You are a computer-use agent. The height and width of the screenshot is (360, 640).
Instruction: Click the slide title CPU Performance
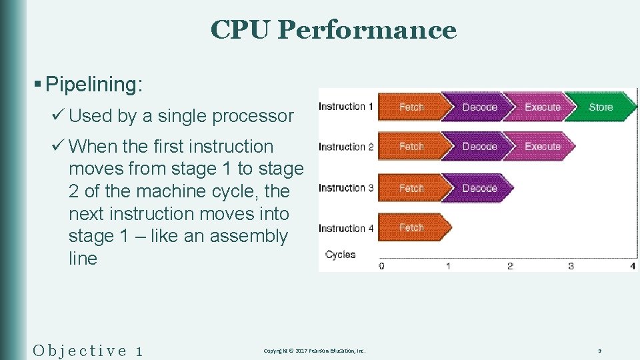pos(333,30)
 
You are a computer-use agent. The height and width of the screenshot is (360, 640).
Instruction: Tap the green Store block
pos(601,107)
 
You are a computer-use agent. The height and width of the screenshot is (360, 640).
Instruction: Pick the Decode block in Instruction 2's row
pos(479,147)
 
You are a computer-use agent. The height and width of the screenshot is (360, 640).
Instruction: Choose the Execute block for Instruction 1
pos(543,107)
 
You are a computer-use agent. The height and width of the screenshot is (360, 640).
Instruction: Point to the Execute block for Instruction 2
pos(543,147)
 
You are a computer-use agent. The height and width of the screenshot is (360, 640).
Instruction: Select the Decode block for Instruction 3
pos(479,188)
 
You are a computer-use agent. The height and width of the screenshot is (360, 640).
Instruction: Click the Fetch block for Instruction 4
pos(411,228)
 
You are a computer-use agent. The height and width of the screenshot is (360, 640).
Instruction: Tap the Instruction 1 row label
pos(345,107)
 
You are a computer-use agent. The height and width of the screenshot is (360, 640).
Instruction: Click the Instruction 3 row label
pos(345,188)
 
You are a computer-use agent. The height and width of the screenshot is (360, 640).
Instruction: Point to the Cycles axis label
pos(340,254)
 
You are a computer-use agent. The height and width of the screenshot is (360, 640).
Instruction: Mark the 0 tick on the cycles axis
pos(381,266)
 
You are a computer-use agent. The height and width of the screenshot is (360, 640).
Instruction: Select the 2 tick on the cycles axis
pos(510,266)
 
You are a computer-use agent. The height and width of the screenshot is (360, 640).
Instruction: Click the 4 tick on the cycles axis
pos(633,266)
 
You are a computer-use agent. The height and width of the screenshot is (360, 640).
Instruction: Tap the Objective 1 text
pos(87,350)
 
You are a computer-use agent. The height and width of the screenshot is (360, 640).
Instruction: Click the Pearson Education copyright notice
pos(314,351)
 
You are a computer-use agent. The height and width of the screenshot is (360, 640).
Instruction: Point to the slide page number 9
pos(600,351)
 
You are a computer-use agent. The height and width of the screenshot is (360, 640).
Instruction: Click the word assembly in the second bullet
pos(249,237)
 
